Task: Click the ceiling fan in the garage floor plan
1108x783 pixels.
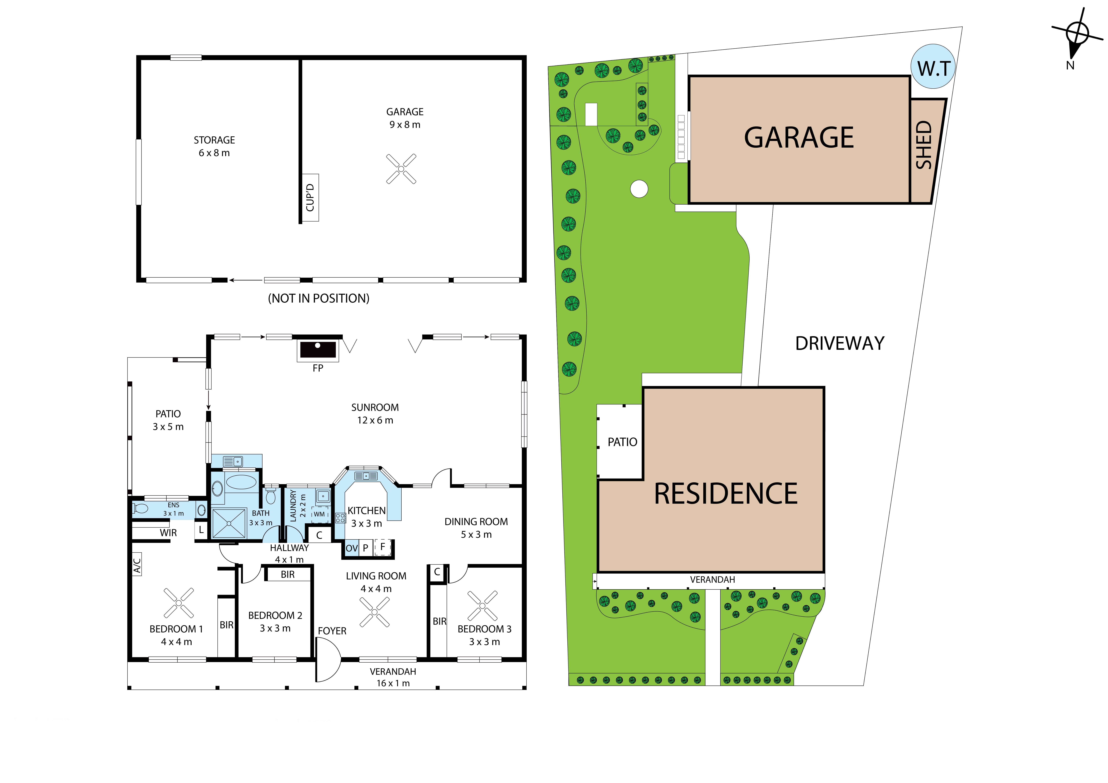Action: coord(401,169)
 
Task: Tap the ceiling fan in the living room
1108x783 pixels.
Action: coord(374,612)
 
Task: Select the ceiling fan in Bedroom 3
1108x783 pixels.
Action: coord(482,605)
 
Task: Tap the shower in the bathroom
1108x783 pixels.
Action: coord(229,523)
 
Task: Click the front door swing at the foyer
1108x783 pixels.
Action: coord(328,659)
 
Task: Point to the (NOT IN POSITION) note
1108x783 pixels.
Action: coord(319,298)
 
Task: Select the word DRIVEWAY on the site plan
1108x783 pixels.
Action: coord(840,343)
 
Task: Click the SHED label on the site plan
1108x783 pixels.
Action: coord(924,145)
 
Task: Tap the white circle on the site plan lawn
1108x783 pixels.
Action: coord(639,189)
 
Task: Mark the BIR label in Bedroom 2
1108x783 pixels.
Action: coord(288,575)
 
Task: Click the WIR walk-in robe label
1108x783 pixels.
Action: coord(168,533)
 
